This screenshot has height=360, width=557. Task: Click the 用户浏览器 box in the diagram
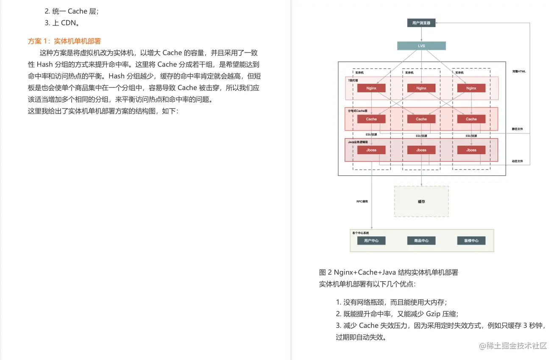(421, 23)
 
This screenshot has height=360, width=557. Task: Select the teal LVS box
(421, 46)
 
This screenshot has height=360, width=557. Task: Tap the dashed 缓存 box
(421, 202)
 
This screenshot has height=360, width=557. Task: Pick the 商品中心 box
(421, 241)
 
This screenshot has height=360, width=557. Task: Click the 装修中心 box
(471, 241)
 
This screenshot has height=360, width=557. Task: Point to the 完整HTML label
(519, 72)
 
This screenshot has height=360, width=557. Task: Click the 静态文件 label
(518, 129)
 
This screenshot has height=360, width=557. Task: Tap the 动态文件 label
(518, 161)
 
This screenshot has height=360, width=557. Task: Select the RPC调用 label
(362, 202)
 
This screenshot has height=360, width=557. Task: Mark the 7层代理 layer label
(353, 80)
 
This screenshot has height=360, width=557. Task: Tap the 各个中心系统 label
(361, 233)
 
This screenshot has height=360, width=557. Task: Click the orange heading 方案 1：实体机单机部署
(64, 41)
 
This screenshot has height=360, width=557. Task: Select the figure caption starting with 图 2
(388, 272)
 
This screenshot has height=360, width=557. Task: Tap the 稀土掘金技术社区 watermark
(513, 346)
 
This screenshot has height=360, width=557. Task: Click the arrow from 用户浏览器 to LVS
(421, 34)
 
